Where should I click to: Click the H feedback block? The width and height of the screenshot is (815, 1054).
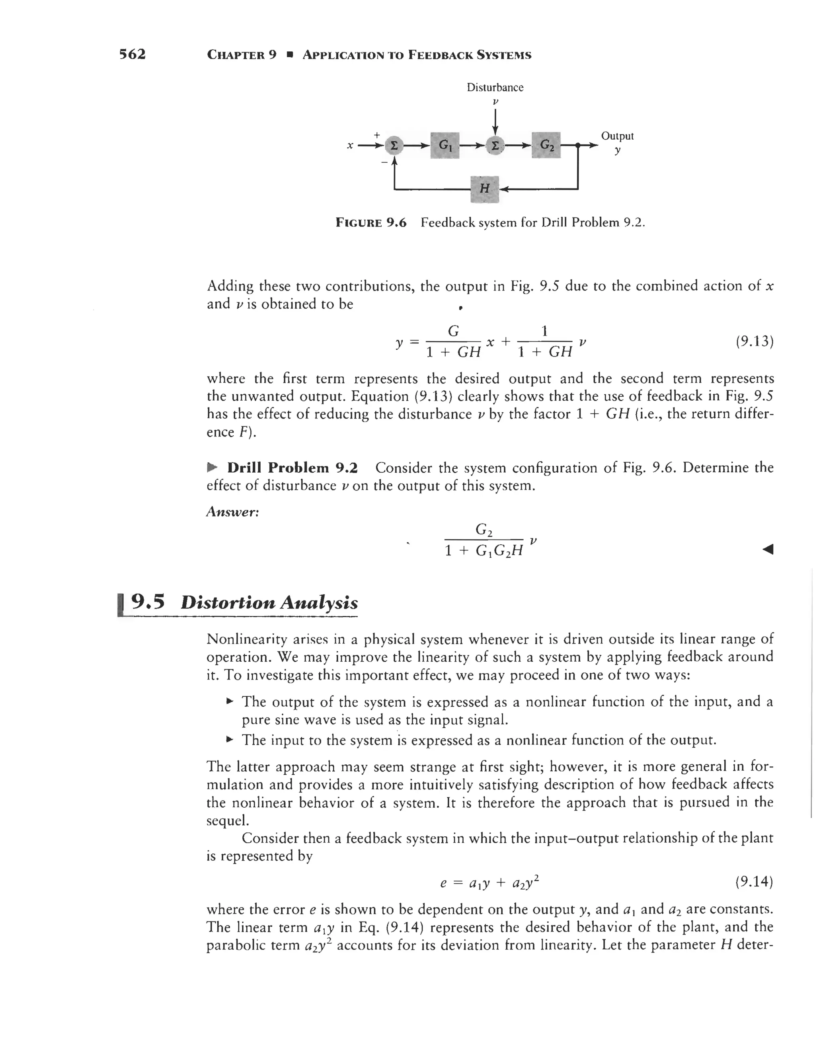pyautogui.click(x=484, y=189)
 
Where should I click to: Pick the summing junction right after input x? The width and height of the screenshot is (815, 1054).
pyautogui.click(x=394, y=145)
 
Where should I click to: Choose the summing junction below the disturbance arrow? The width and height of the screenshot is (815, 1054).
pyautogui.click(x=495, y=145)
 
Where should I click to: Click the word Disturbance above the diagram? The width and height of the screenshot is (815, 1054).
pyautogui.click(x=495, y=88)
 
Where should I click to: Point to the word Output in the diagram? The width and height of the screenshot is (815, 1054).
pyautogui.click(x=617, y=136)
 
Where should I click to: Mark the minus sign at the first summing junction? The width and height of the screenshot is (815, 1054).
pyautogui.click(x=384, y=163)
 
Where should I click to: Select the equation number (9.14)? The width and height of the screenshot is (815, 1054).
pyautogui.click(x=754, y=882)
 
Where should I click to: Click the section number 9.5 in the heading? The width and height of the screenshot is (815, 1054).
pyautogui.click(x=148, y=602)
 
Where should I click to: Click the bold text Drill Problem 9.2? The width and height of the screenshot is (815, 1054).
pyautogui.click(x=292, y=468)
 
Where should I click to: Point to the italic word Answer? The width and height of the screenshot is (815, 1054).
pyautogui.click(x=233, y=512)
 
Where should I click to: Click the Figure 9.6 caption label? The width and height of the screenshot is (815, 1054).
pyautogui.click(x=371, y=222)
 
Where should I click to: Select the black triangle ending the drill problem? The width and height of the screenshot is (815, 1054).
pyautogui.click(x=767, y=549)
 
